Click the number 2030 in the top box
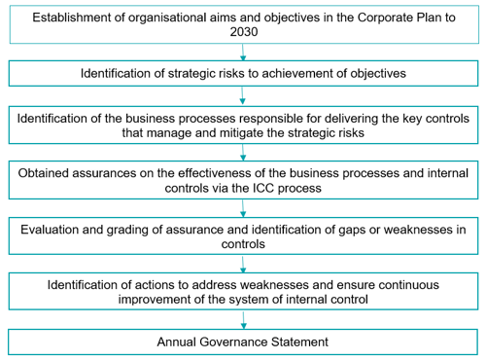pyautogui.click(x=244, y=32)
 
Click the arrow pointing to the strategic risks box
pyautogui.click(x=243, y=52)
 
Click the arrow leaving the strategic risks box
pyautogui.click(x=242, y=95)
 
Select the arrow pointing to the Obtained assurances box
pyautogui.click(x=243, y=152)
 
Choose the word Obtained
pyautogui.click(x=44, y=173)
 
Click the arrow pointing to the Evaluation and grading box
pyautogui.click(x=243, y=208)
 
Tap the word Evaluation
pyautogui.click(x=50, y=230)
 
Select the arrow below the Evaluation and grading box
pyautogui.click(x=243, y=264)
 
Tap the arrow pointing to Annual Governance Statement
pyautogui.click(x=244, y=320)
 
